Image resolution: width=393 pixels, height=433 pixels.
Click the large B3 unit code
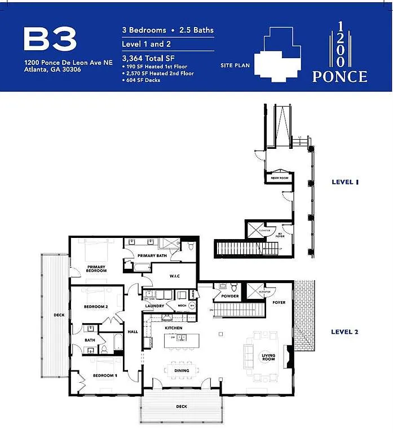pyautogui.click(x=50, y=39)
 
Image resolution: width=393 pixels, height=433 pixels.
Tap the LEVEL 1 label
pyautogui.click(x=345, y=182)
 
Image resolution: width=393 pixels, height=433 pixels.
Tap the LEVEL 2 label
pyautogui.click(x=345, y=332)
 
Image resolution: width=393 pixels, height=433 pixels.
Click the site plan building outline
pyautogui.click(x=276, y=54)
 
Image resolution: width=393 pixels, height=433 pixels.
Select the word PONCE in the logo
pyautogui.click(x=340, y=76)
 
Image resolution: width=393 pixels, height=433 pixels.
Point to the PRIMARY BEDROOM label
pyautogui.click(x=96, y=268)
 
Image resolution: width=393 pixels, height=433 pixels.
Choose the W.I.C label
pyautogui.click(x=175, y=276)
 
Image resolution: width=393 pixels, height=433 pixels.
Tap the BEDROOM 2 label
pyautogui.click(x=96, y=307)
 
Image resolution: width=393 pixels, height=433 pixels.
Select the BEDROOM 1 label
pyautogui.click(x=104, y=375)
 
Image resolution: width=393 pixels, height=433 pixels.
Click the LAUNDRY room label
pyautogui.click(x=154, y=306)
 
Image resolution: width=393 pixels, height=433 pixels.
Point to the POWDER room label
pyautogui.click(x=230, y=296)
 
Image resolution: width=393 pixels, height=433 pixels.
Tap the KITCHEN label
pyautogui.click(x=173, y=328)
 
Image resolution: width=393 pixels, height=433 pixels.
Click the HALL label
pyautogui.click(x=133, y=332)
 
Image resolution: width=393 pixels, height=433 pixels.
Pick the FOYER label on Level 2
pyautogui.click(x=279, y=303)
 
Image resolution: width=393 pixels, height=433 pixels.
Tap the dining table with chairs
pyautogui.click(x=182, y=370)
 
